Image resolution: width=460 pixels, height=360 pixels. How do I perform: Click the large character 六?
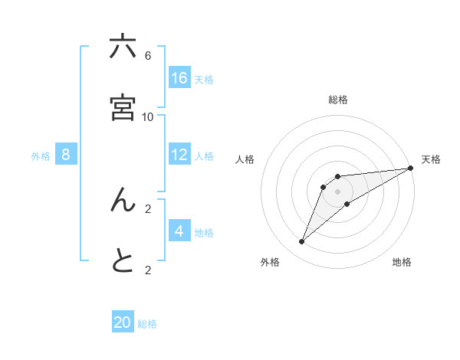123,47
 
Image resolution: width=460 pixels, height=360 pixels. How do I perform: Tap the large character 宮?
123,108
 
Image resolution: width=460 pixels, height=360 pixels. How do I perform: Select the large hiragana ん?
123,200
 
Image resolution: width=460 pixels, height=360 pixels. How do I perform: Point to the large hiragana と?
123,261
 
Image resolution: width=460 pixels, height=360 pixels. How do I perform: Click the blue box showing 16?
179,77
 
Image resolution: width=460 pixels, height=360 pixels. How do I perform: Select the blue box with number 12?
179,154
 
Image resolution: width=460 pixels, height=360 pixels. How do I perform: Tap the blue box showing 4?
179,231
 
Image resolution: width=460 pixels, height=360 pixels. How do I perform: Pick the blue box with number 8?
66,154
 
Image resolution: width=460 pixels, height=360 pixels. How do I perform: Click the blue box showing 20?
123,322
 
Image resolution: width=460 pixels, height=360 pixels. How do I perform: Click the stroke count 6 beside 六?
148,56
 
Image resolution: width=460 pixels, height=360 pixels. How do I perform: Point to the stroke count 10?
148,116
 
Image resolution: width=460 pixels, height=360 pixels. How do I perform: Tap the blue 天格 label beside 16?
204,79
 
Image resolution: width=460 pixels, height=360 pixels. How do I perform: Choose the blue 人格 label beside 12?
204,155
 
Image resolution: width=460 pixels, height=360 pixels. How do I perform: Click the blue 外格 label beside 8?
41,155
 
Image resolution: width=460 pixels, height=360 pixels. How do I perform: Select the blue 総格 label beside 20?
147,324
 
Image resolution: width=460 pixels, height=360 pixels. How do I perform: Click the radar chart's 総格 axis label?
338,100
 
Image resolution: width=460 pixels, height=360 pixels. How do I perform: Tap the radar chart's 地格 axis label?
402,262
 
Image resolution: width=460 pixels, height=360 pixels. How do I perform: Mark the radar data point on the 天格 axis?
410,168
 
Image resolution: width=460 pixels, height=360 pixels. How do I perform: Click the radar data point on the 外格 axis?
301,242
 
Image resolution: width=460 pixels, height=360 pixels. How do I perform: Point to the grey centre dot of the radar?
338,191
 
